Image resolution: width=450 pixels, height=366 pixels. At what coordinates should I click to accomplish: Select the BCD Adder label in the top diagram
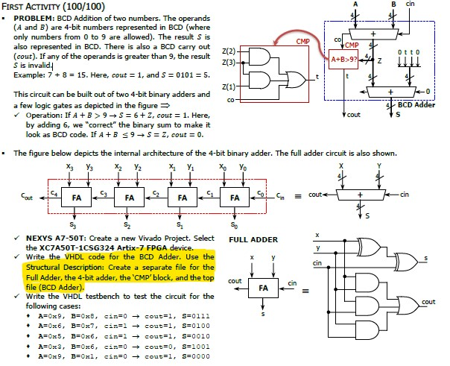coord(416,105)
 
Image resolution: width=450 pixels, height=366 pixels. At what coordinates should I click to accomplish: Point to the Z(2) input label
coord(230,51)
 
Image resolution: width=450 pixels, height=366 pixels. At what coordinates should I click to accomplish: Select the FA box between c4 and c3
coord(77,198)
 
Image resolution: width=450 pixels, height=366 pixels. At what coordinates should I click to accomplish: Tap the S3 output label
coord(72,224)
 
